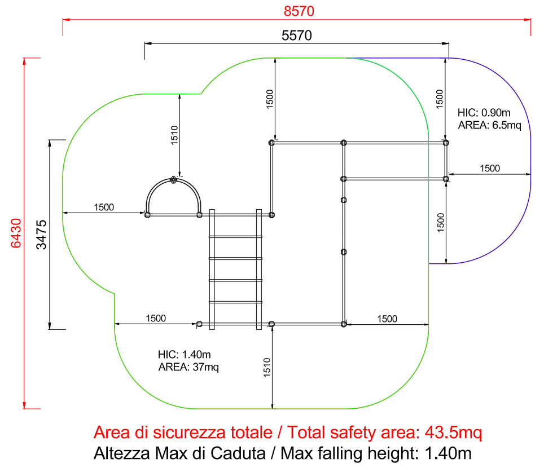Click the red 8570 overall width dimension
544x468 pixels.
click(299, 11)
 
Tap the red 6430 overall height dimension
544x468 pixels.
click(16, 233)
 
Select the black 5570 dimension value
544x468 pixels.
click(297, 36)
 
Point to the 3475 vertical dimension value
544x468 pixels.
click(41, 235)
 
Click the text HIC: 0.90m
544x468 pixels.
click(484, 113)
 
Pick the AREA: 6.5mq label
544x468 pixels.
click(489, 125)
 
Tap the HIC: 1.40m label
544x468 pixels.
click(184, 354)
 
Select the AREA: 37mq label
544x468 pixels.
click(188, 367)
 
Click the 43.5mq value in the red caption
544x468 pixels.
click(453, 432)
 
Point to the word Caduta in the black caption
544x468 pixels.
click(239, 453)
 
